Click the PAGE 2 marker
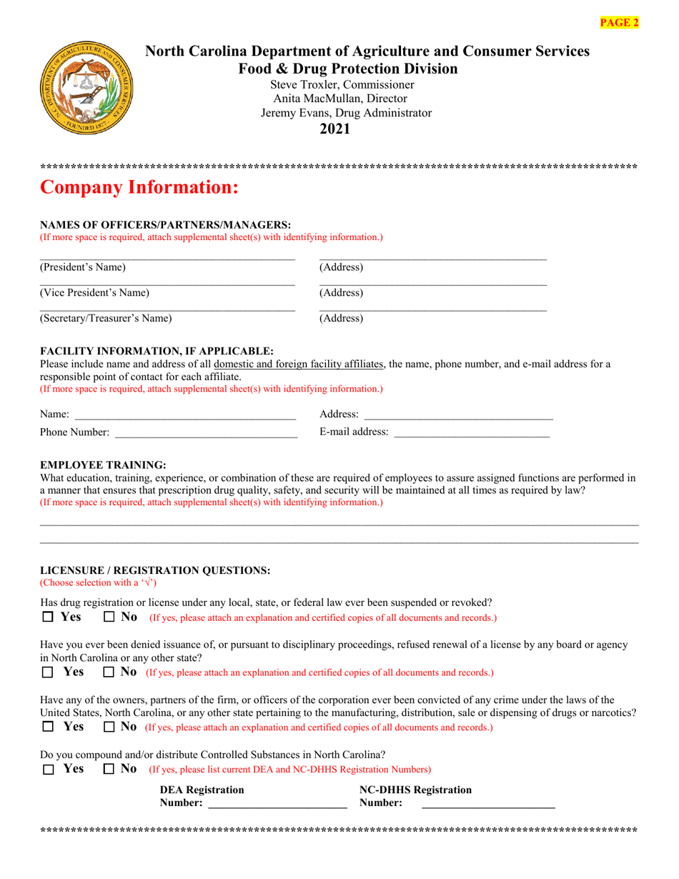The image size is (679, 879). point(619,22)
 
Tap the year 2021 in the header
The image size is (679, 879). point(334,129)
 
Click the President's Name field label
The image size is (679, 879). point(83,267)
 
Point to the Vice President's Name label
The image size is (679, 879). point(94,292)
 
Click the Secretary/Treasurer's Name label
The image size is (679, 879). point(106,318)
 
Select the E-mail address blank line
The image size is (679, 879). point(472,433)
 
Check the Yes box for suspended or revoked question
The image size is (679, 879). point(48,617)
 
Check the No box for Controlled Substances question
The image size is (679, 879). point(109,770)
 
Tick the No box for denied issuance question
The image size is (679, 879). point(109,672)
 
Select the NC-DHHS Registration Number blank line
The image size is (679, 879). point(488,804)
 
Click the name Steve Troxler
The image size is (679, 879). point(304,84)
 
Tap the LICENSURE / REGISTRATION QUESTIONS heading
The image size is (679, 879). point(155,570)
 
